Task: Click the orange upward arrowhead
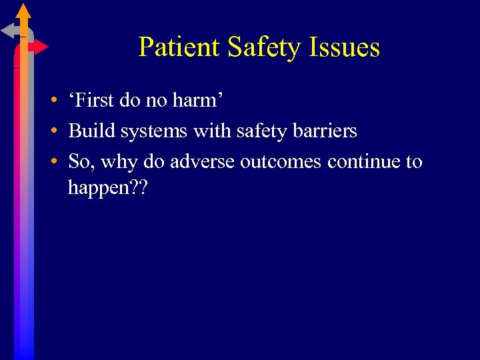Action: [x=23, y=11]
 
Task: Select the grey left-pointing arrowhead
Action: [x=8, y=30]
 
